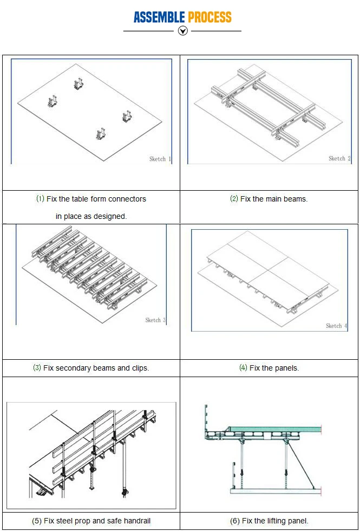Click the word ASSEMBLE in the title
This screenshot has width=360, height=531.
[x=160, y=17]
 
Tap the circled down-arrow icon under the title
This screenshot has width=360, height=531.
[x=183, y=31]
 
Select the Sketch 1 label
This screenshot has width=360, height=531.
[x=160, y=159]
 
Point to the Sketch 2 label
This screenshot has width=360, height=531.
[x=339, y=158]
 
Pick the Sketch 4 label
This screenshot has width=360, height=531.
[x=334, y=326]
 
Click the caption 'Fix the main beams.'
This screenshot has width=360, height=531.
[x=269, y=199]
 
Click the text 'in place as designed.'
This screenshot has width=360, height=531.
[x=91, y=216]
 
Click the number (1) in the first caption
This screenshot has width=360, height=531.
[x=40, y=199]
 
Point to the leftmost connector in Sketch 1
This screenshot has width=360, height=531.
[x=53, y=101]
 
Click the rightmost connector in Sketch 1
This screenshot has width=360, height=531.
[x=127, y=116]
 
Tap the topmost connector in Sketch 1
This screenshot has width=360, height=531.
[x=78, y=83]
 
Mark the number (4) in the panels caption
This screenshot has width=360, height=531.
[x=243, y=368]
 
